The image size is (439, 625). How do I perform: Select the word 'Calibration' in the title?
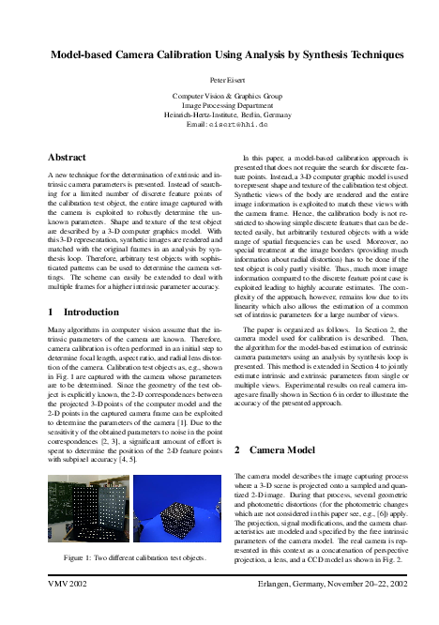coord(202,55)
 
